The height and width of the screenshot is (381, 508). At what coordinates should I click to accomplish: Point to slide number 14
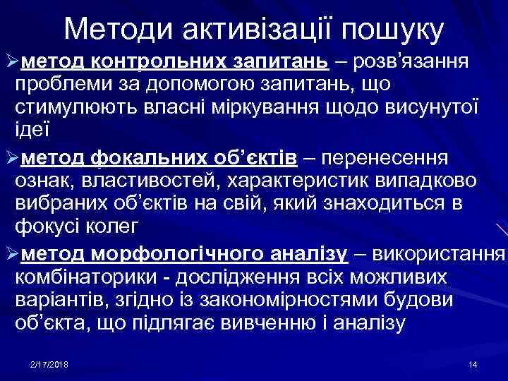(x=473, y=364)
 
